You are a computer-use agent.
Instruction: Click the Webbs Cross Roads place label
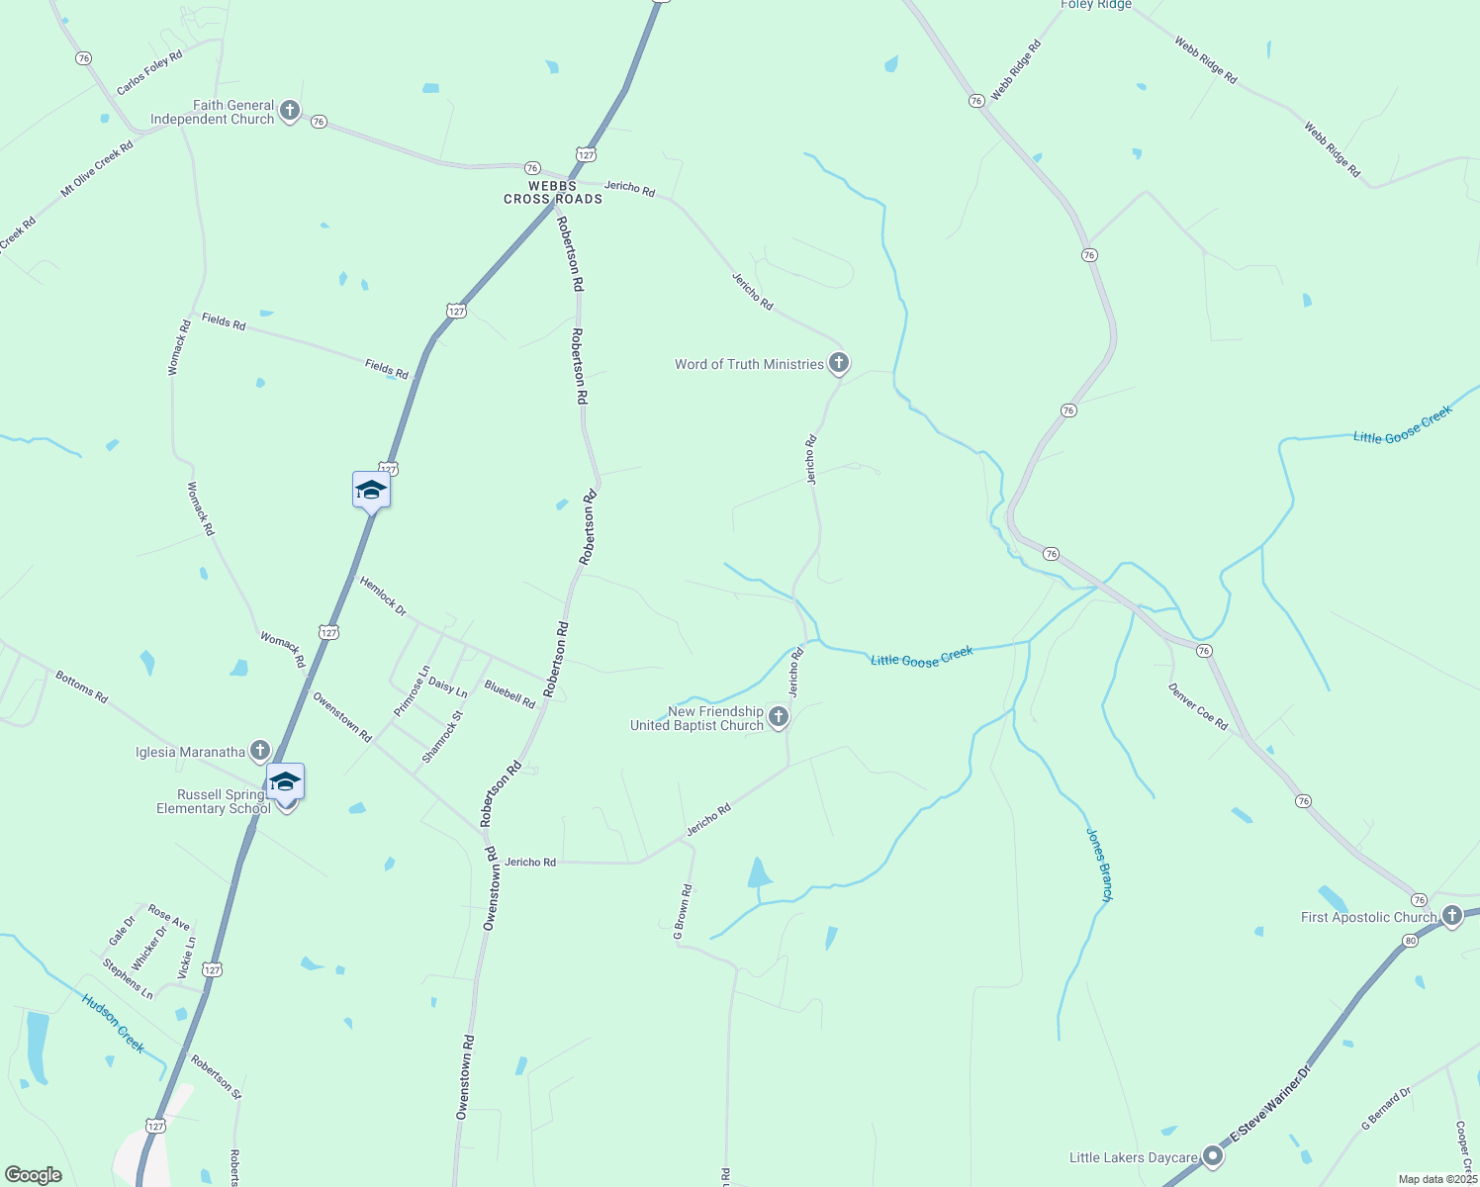pos(553,192)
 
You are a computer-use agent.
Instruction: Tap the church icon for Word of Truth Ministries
pos(839,363)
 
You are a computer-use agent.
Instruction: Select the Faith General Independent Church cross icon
pos(290,110)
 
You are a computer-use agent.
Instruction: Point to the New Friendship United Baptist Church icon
pos(779,717)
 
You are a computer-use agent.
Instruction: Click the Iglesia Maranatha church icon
pos(260,751)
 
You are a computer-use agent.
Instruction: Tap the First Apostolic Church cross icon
pos(1451,915)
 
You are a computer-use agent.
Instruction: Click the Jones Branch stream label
pos(1100,865)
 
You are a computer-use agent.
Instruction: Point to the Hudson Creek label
pos(114,1024)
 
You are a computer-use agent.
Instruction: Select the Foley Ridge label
pos(1096,5)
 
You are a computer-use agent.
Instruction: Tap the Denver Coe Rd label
pos(1198,706)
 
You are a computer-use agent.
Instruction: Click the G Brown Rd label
pos(683,912)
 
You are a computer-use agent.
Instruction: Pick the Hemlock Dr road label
pos(383,596)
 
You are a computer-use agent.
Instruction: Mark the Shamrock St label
pos(442,737)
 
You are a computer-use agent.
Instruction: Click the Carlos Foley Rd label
pos(149,73)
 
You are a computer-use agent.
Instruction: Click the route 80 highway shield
pos(1411,940)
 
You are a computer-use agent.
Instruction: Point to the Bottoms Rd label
pos(81,686)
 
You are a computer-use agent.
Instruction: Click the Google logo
pos(33,1175)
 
